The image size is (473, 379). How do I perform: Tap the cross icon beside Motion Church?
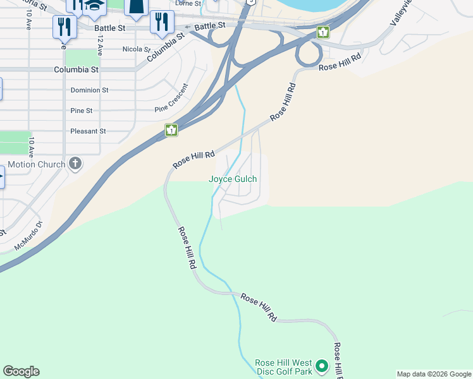coord(75,164)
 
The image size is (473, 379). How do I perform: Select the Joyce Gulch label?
coord(233,179)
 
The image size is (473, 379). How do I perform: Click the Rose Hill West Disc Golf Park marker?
coord(322,366)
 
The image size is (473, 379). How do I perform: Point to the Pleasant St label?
coord(88,131)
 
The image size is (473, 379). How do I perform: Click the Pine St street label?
coord(82,111)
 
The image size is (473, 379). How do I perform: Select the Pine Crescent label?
coord(171,99)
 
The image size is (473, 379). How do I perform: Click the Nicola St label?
coord(136,49)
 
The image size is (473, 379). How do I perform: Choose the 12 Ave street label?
coord(100,46)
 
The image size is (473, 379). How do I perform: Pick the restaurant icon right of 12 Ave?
coord(162,23)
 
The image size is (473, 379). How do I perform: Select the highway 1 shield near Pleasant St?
coord(171,130)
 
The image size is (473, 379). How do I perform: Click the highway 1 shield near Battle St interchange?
coord(323,32)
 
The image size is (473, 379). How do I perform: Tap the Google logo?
coord(21,371)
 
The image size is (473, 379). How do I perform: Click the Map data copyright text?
coord(433,374)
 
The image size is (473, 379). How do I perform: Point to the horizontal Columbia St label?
coord(76,69)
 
